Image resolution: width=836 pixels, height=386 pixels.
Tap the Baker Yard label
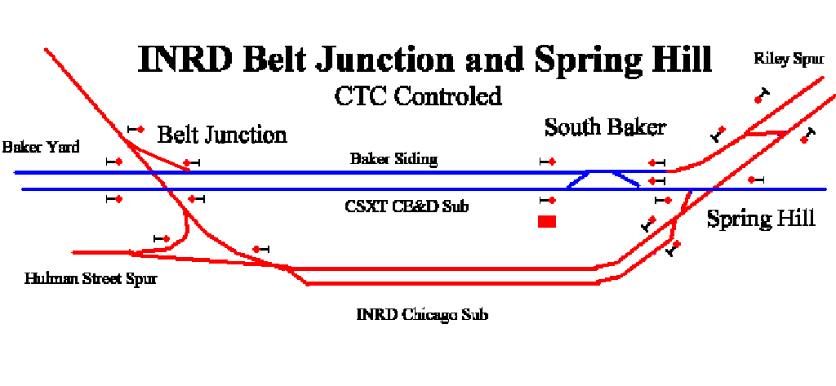point(41,147)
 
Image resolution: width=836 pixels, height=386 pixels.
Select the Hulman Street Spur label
point(91,278)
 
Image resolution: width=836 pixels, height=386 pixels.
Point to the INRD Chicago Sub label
point(422,314)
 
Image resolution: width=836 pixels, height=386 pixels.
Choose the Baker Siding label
point(394,159)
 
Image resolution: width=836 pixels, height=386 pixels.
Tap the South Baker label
point(605,128)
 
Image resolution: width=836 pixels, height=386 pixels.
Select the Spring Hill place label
point(761,220)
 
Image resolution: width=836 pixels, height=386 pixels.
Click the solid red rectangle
point(547,221)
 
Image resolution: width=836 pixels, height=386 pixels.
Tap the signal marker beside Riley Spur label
point(763,96)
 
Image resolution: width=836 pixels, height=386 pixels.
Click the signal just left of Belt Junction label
point(136,129)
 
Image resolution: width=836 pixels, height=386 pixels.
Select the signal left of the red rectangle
point(548,201)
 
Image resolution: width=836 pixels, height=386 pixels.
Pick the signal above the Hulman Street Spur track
point(162,238)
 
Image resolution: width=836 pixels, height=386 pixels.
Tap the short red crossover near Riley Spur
point(766,132)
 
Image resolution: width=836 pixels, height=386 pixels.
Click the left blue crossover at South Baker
point(577,180)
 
